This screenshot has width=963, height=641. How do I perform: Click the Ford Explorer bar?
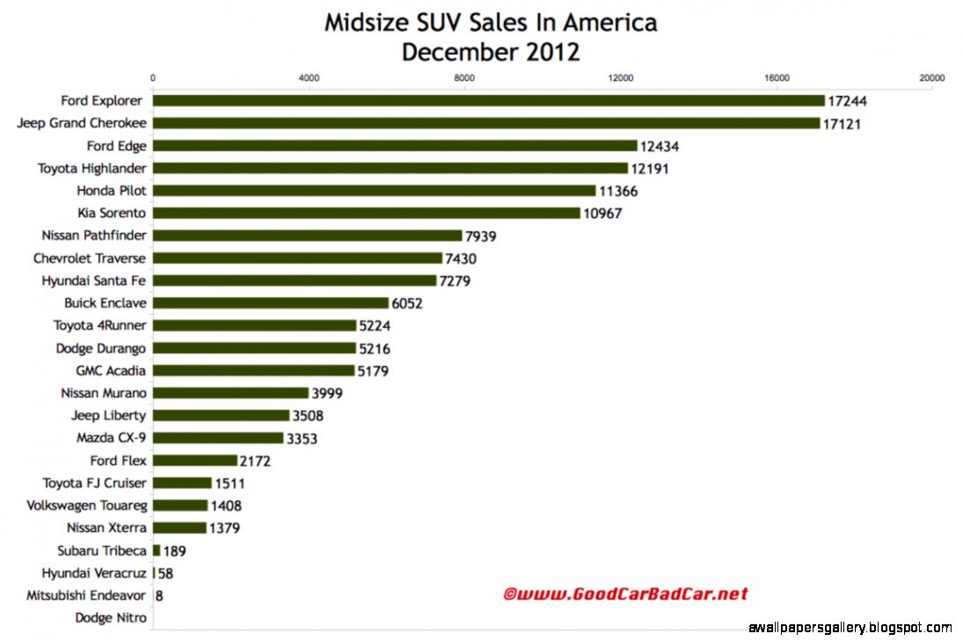coord(489,101)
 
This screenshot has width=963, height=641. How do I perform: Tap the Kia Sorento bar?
coord(367,213)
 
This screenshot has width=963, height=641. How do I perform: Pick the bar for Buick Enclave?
coord(271,303)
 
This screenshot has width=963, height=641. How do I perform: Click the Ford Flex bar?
coord(195,461)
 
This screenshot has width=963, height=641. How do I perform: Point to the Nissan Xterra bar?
coord(179,528)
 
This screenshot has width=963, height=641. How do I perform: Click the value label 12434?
coord(660,146)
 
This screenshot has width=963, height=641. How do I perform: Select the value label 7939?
coord(485,236)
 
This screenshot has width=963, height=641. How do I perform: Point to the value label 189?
coord(174,551)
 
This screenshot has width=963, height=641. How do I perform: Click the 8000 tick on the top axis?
coord(464,78)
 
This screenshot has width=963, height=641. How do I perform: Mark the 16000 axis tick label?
coord(777,78)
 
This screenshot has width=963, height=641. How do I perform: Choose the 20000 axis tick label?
coord(931,78)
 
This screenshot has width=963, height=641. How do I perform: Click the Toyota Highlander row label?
coord(91,168)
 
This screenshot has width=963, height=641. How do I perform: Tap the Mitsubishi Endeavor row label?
coord(88,595)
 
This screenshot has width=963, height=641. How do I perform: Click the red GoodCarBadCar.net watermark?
coord(625,594)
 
